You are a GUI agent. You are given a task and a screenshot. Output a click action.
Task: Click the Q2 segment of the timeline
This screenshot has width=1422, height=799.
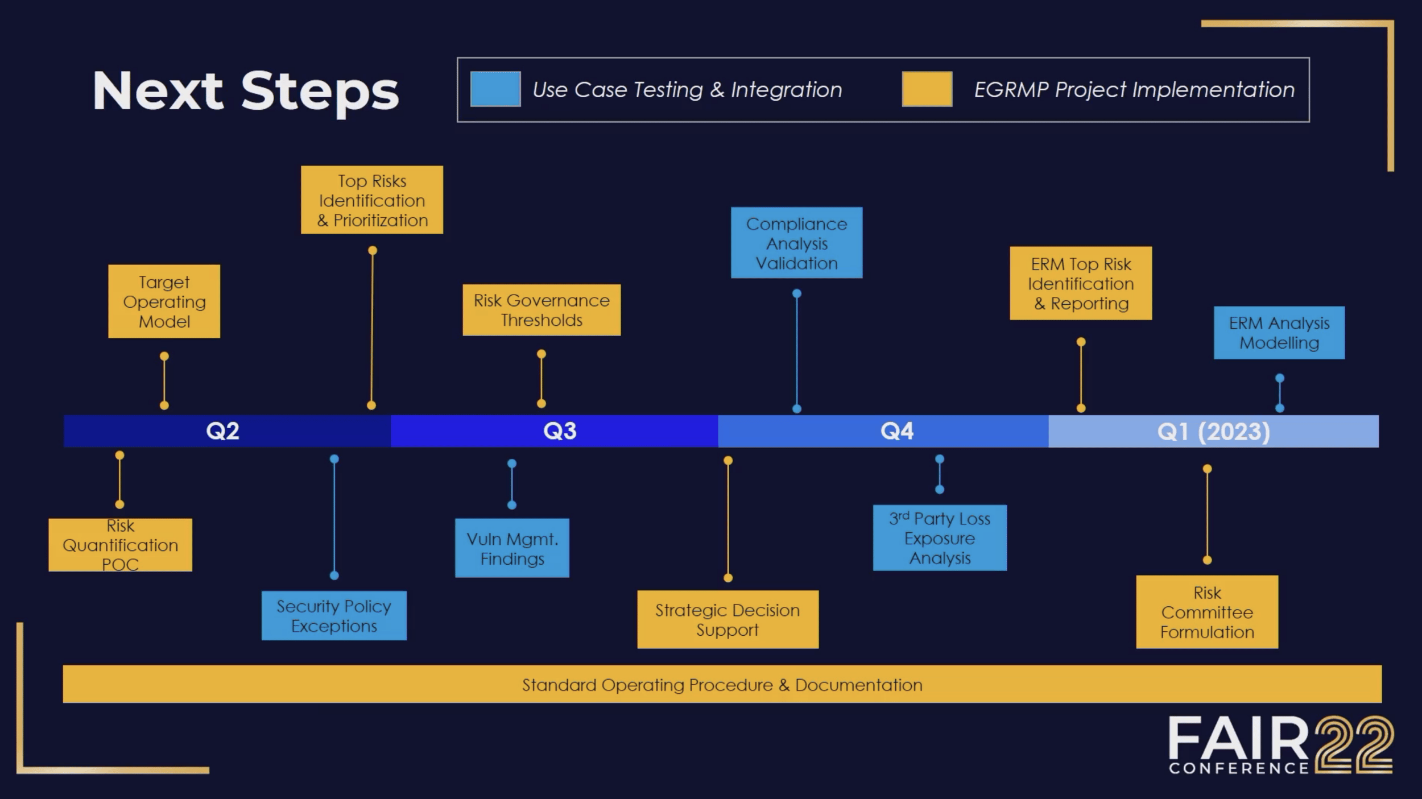click(x=222, y=431)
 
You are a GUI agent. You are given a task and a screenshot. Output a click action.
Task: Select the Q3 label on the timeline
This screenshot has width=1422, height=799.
click(x=560, y=431)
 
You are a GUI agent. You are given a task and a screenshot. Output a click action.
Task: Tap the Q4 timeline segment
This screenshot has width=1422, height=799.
click(x=896, y=431)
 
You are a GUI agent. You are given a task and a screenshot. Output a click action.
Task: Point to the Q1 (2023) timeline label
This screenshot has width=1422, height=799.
click(x=1213, y=432)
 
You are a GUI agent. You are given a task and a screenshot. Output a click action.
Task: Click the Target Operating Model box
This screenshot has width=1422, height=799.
click(x=164, y=301)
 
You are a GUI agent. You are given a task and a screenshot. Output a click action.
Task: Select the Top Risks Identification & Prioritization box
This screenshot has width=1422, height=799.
click(x=372, y=200)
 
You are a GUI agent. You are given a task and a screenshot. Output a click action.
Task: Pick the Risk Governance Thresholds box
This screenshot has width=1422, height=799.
click(x=541, y=310)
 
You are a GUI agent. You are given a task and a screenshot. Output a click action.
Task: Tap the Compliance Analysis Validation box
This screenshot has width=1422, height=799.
click(x=796, y=243)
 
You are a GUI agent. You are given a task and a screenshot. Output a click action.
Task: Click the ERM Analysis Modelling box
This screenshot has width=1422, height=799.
click(x=1279, y=333)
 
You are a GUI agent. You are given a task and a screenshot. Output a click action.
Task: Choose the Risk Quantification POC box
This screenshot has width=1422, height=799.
click(x=120, y=545)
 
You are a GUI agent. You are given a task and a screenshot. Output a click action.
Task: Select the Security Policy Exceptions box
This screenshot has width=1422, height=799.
click(x=334, y=616)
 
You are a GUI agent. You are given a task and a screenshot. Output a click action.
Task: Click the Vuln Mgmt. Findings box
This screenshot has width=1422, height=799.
click(x=512, y=548)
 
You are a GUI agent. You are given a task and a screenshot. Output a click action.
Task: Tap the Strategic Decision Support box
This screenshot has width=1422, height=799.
click(x=727, y=619)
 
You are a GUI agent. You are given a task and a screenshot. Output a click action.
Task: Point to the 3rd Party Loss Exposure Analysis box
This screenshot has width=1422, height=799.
click(x=940, y=538)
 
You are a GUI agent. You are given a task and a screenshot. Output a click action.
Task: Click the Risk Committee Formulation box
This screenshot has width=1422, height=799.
click(x=1207, y=612)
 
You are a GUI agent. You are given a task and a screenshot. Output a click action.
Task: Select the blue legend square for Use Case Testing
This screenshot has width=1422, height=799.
click(x=495, y=89)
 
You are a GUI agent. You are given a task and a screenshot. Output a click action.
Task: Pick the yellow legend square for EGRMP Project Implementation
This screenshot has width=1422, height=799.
click(x=927, y=89)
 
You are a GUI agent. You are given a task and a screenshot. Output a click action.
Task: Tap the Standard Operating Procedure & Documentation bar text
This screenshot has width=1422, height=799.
click(x=722, y=685)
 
